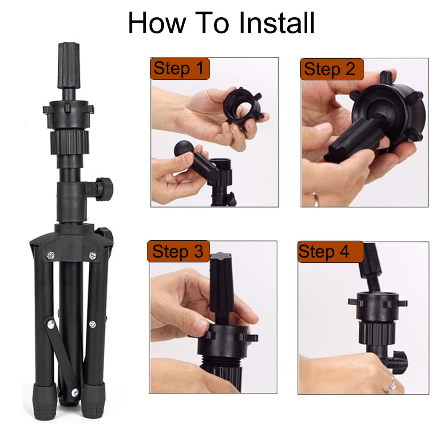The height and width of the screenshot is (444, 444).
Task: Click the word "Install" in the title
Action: click(x=277, y=23)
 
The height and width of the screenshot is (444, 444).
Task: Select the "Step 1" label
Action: click(x=180, y=69)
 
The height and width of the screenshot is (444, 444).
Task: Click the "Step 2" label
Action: click(x=332, y=69)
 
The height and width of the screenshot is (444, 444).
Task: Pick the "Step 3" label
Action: click(x=178, y=251)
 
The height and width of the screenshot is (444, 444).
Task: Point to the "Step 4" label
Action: click(x=330, y=252)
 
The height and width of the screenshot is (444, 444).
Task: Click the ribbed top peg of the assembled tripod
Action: click(x=69, y=66)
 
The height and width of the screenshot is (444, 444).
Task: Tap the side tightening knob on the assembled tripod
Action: click(x=103, y=189)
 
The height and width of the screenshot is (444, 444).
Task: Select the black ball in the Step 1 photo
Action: click(x=183, y=149)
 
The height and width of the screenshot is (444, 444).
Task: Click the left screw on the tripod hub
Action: click(x=51, y=256)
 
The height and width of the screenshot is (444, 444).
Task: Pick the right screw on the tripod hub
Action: click(x=92, y=256)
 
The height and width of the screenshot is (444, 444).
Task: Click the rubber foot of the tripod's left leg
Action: click(x=45, y=402)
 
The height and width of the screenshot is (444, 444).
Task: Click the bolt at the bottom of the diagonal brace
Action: click(x=75, y=392)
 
